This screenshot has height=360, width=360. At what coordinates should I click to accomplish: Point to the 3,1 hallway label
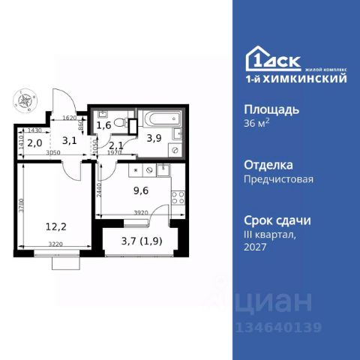click(x=69, y=139)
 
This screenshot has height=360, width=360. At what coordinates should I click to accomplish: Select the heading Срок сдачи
click(x=278, y=220)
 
